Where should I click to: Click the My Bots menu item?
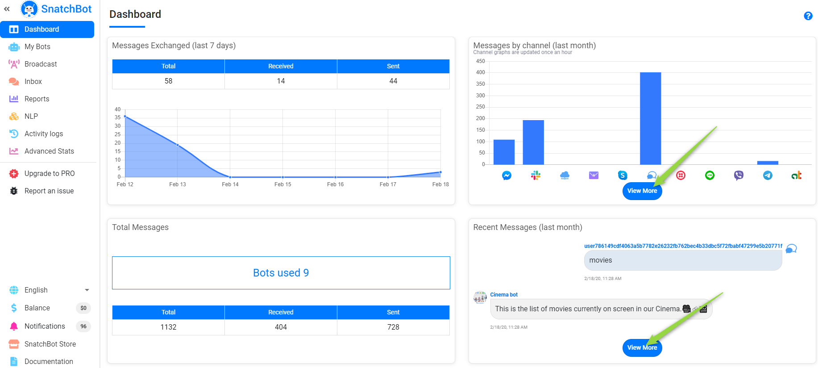(x=37, y=46)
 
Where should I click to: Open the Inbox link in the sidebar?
(x=33, y=81)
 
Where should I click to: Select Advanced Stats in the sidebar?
(x=49, y=151)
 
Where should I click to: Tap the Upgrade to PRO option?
(x=49, y=173)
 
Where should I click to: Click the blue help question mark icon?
(x=808, y=16)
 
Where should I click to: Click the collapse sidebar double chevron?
(x=7, y=9)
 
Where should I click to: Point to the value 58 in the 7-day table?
(x=168, y=81)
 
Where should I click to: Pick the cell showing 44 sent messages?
(x=393, y=81)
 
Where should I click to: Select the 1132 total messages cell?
(x=168, y=327)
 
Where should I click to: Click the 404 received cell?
(x=281, y=327)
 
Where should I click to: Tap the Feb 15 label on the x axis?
(x=282, y=184)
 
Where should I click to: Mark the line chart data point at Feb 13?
(x=178, y=145)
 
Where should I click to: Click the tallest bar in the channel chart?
(x=650, y=118)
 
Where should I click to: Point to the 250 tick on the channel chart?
(x=480, y=107)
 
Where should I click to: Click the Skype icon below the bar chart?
(x=623, y=176)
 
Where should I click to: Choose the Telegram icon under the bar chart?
(x=768, y=176)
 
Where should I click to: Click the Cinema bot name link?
(x=504, y=295)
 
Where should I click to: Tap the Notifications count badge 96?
(x=83, y=326)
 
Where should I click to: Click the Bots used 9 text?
(x=281, y=273)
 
